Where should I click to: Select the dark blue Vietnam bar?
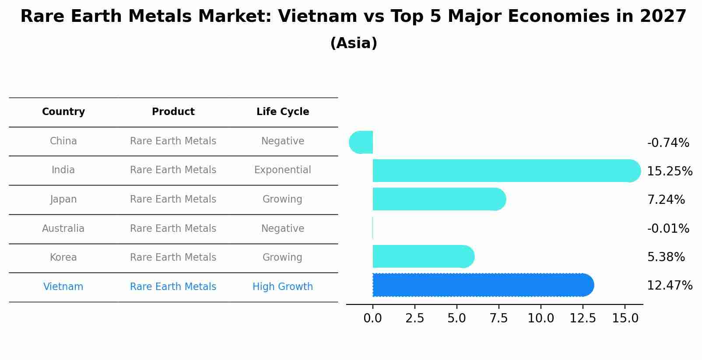tap(481, 285)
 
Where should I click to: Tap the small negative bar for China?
tap(362, 142)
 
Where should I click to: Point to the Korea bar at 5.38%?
tap(423, 256)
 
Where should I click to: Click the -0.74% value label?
tap(668, 143)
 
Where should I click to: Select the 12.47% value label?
tap(669, 286)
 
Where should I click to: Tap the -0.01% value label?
tap(668, 229)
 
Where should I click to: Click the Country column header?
tap(63, 112)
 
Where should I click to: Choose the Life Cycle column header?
tap(283, 112)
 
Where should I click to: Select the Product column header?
tap(173, 112)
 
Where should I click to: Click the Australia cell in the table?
tap(63, 229)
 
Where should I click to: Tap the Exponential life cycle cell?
tap(283, 170)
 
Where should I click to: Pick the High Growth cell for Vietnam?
tap(283, 287)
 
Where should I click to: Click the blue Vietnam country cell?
tap(63, 287)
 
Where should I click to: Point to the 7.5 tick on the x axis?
tap(498, 318)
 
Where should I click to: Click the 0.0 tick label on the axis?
tap(372, 318)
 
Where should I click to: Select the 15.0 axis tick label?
tap(625, 318)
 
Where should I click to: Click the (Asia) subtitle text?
tap(354, 43)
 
